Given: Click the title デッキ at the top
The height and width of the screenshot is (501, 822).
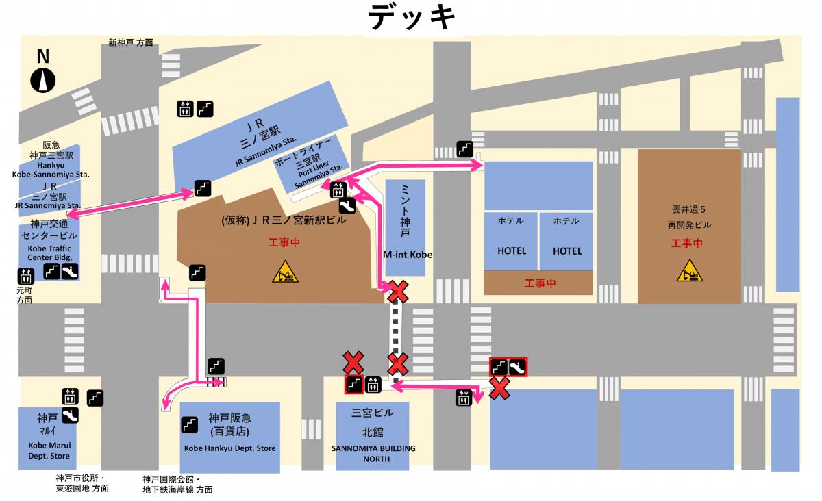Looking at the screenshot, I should coord(412,18).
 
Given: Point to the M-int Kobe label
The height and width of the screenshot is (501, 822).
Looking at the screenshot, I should coord(408,254).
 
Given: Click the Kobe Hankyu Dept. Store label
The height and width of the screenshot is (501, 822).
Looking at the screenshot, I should coord(230,449).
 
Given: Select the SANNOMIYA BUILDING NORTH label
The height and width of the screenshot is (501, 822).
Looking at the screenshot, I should coord(373,453).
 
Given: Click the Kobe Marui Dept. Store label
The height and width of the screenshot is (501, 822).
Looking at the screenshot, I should coord(49,450).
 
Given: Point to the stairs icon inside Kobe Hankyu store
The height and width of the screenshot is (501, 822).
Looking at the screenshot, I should coord(190,424).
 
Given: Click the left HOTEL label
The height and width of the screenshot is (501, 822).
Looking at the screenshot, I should coord(512,250).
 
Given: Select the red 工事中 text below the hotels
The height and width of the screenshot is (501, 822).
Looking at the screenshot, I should coord(539,283).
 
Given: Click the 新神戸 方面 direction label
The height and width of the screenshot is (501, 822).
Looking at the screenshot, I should coord(131,42).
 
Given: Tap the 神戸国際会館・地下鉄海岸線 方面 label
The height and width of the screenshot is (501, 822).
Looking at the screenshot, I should coord(177,485).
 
